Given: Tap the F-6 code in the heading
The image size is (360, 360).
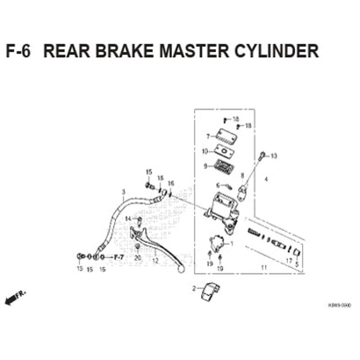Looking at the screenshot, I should point(18,51).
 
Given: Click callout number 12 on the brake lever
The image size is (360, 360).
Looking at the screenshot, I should point(155,262).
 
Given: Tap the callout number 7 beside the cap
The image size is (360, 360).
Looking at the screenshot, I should point(208,136).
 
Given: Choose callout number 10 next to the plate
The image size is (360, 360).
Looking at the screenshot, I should point(205,151).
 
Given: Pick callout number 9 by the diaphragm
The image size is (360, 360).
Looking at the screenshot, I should point(205,166).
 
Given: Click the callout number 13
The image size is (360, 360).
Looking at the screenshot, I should point(274,156).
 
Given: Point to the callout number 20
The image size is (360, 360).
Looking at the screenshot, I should point(138,258).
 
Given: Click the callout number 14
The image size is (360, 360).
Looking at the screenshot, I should point(128,219).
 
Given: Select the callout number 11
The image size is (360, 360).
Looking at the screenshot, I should point(264,267).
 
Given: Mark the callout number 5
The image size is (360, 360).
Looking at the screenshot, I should point(297,264).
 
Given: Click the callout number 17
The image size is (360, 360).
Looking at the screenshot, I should point(289,261).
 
